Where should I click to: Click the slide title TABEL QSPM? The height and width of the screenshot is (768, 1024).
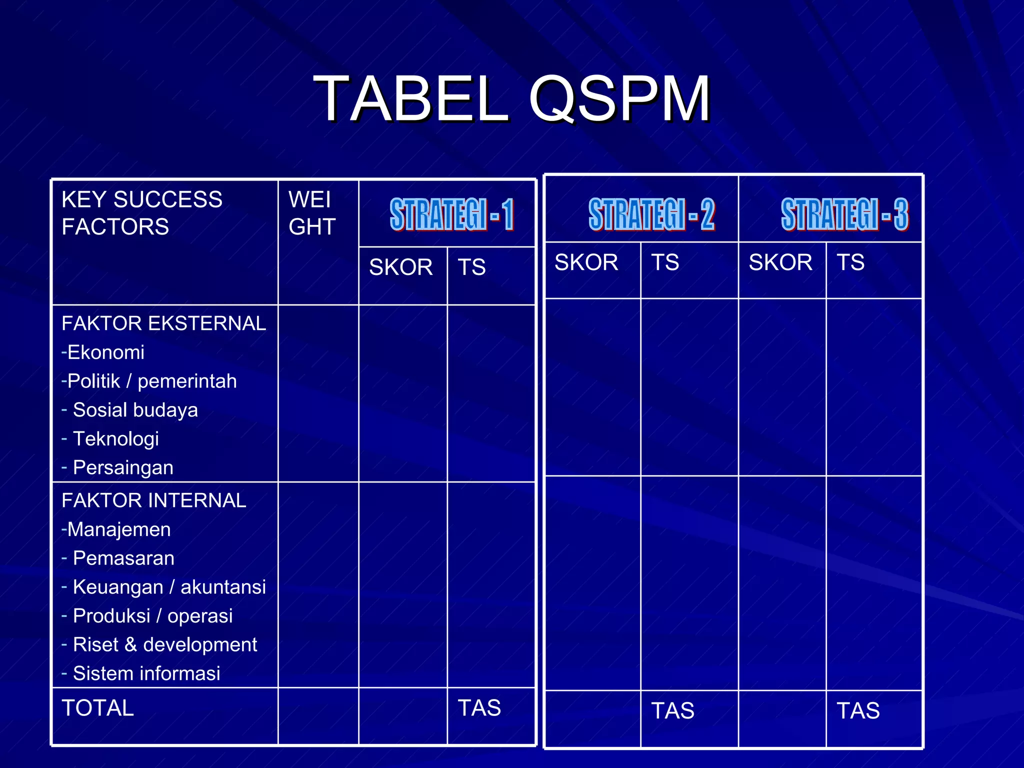[511, 98]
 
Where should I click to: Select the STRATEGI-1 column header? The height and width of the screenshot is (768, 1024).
[451, 214]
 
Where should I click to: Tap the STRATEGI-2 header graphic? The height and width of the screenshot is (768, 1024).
[651, 214]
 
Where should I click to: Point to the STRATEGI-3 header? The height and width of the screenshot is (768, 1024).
[844, 214]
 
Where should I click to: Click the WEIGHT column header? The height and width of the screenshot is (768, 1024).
[312, 213]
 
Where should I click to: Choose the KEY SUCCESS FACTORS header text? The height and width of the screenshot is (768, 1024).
[142, 213]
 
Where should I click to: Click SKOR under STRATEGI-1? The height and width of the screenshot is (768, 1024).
[400, 267]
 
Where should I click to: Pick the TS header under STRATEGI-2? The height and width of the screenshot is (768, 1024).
[665, 262]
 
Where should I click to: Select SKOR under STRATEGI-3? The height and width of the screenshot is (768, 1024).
[780, 262]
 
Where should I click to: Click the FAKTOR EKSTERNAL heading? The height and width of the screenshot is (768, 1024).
[163, 323]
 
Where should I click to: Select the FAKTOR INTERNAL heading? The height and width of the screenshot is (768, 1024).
[154, 500]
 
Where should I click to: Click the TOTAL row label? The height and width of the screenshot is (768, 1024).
[98, 708]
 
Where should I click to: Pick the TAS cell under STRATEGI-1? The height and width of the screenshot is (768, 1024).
[479, 708]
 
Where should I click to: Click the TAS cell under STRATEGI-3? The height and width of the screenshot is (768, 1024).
[858, 711]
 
